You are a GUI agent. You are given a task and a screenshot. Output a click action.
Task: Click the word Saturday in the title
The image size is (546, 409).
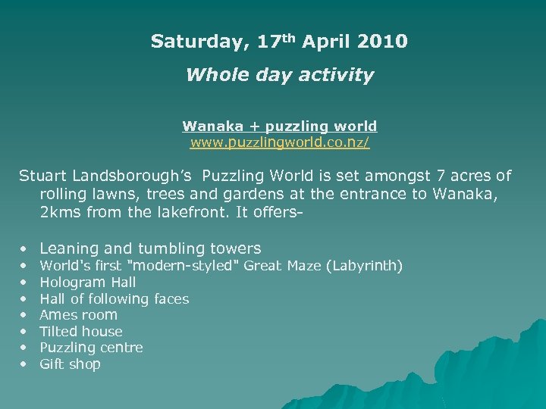point(198,41)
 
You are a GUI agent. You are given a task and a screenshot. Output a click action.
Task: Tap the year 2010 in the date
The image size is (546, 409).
point(380,41)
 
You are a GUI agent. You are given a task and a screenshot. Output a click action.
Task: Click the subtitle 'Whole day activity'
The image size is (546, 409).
point(279,75)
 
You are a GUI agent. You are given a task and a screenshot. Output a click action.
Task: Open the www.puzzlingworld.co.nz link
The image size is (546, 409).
point(279,142)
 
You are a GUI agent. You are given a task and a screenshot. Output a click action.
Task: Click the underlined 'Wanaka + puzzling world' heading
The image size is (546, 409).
point(279,126)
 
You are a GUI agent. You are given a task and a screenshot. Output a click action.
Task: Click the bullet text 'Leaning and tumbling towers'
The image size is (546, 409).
point(150,248)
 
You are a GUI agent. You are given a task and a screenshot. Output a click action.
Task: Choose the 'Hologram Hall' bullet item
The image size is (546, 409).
point(87,283)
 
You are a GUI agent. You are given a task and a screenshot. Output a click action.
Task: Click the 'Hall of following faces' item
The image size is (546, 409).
point(114,298)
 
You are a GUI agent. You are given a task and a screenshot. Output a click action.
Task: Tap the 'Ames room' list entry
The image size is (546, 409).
point(78,314)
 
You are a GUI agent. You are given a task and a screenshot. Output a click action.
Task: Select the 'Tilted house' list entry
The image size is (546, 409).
point(80,331)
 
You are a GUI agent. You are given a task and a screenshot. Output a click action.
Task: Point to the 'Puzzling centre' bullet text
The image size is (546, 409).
point(91,347)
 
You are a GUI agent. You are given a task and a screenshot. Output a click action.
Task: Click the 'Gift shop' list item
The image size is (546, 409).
point(70,364)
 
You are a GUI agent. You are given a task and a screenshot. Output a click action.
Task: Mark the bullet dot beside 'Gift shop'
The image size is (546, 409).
point(24,364)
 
